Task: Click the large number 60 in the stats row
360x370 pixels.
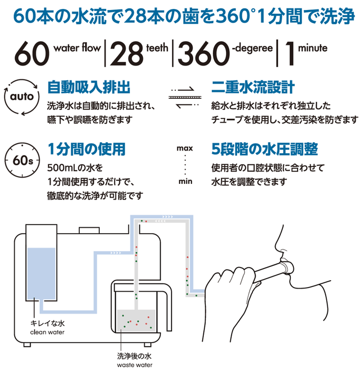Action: [x=32, y=53]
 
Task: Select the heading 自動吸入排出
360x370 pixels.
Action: [x=88, y=87]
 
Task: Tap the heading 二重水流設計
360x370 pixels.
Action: [x=252, y=87]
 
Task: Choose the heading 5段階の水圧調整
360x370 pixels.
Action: [x=264, y=149]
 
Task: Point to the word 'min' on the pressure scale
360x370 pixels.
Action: [x=185, y=182]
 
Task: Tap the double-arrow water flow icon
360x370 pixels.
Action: [x=185, y=98]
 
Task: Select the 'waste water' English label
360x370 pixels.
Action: [x=135, y=364]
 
